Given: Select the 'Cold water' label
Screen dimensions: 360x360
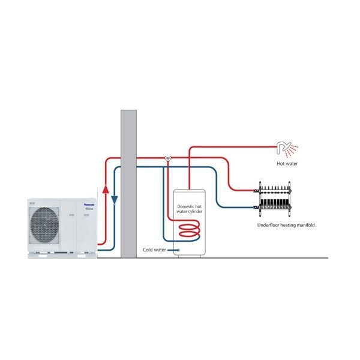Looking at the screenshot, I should (x=154, y=249).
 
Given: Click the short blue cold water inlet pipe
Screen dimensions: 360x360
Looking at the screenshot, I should (x=173, y=249).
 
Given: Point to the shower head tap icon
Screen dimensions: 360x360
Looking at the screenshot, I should (x=283, y=147).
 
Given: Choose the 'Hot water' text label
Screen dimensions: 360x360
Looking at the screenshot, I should (x=287, y=163).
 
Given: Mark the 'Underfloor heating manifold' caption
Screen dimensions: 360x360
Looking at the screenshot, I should (x=286, y=225).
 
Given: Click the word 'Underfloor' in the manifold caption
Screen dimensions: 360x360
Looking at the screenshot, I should (x=268, y=225).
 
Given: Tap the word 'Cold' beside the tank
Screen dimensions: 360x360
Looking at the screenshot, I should (x=148, y=249).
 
